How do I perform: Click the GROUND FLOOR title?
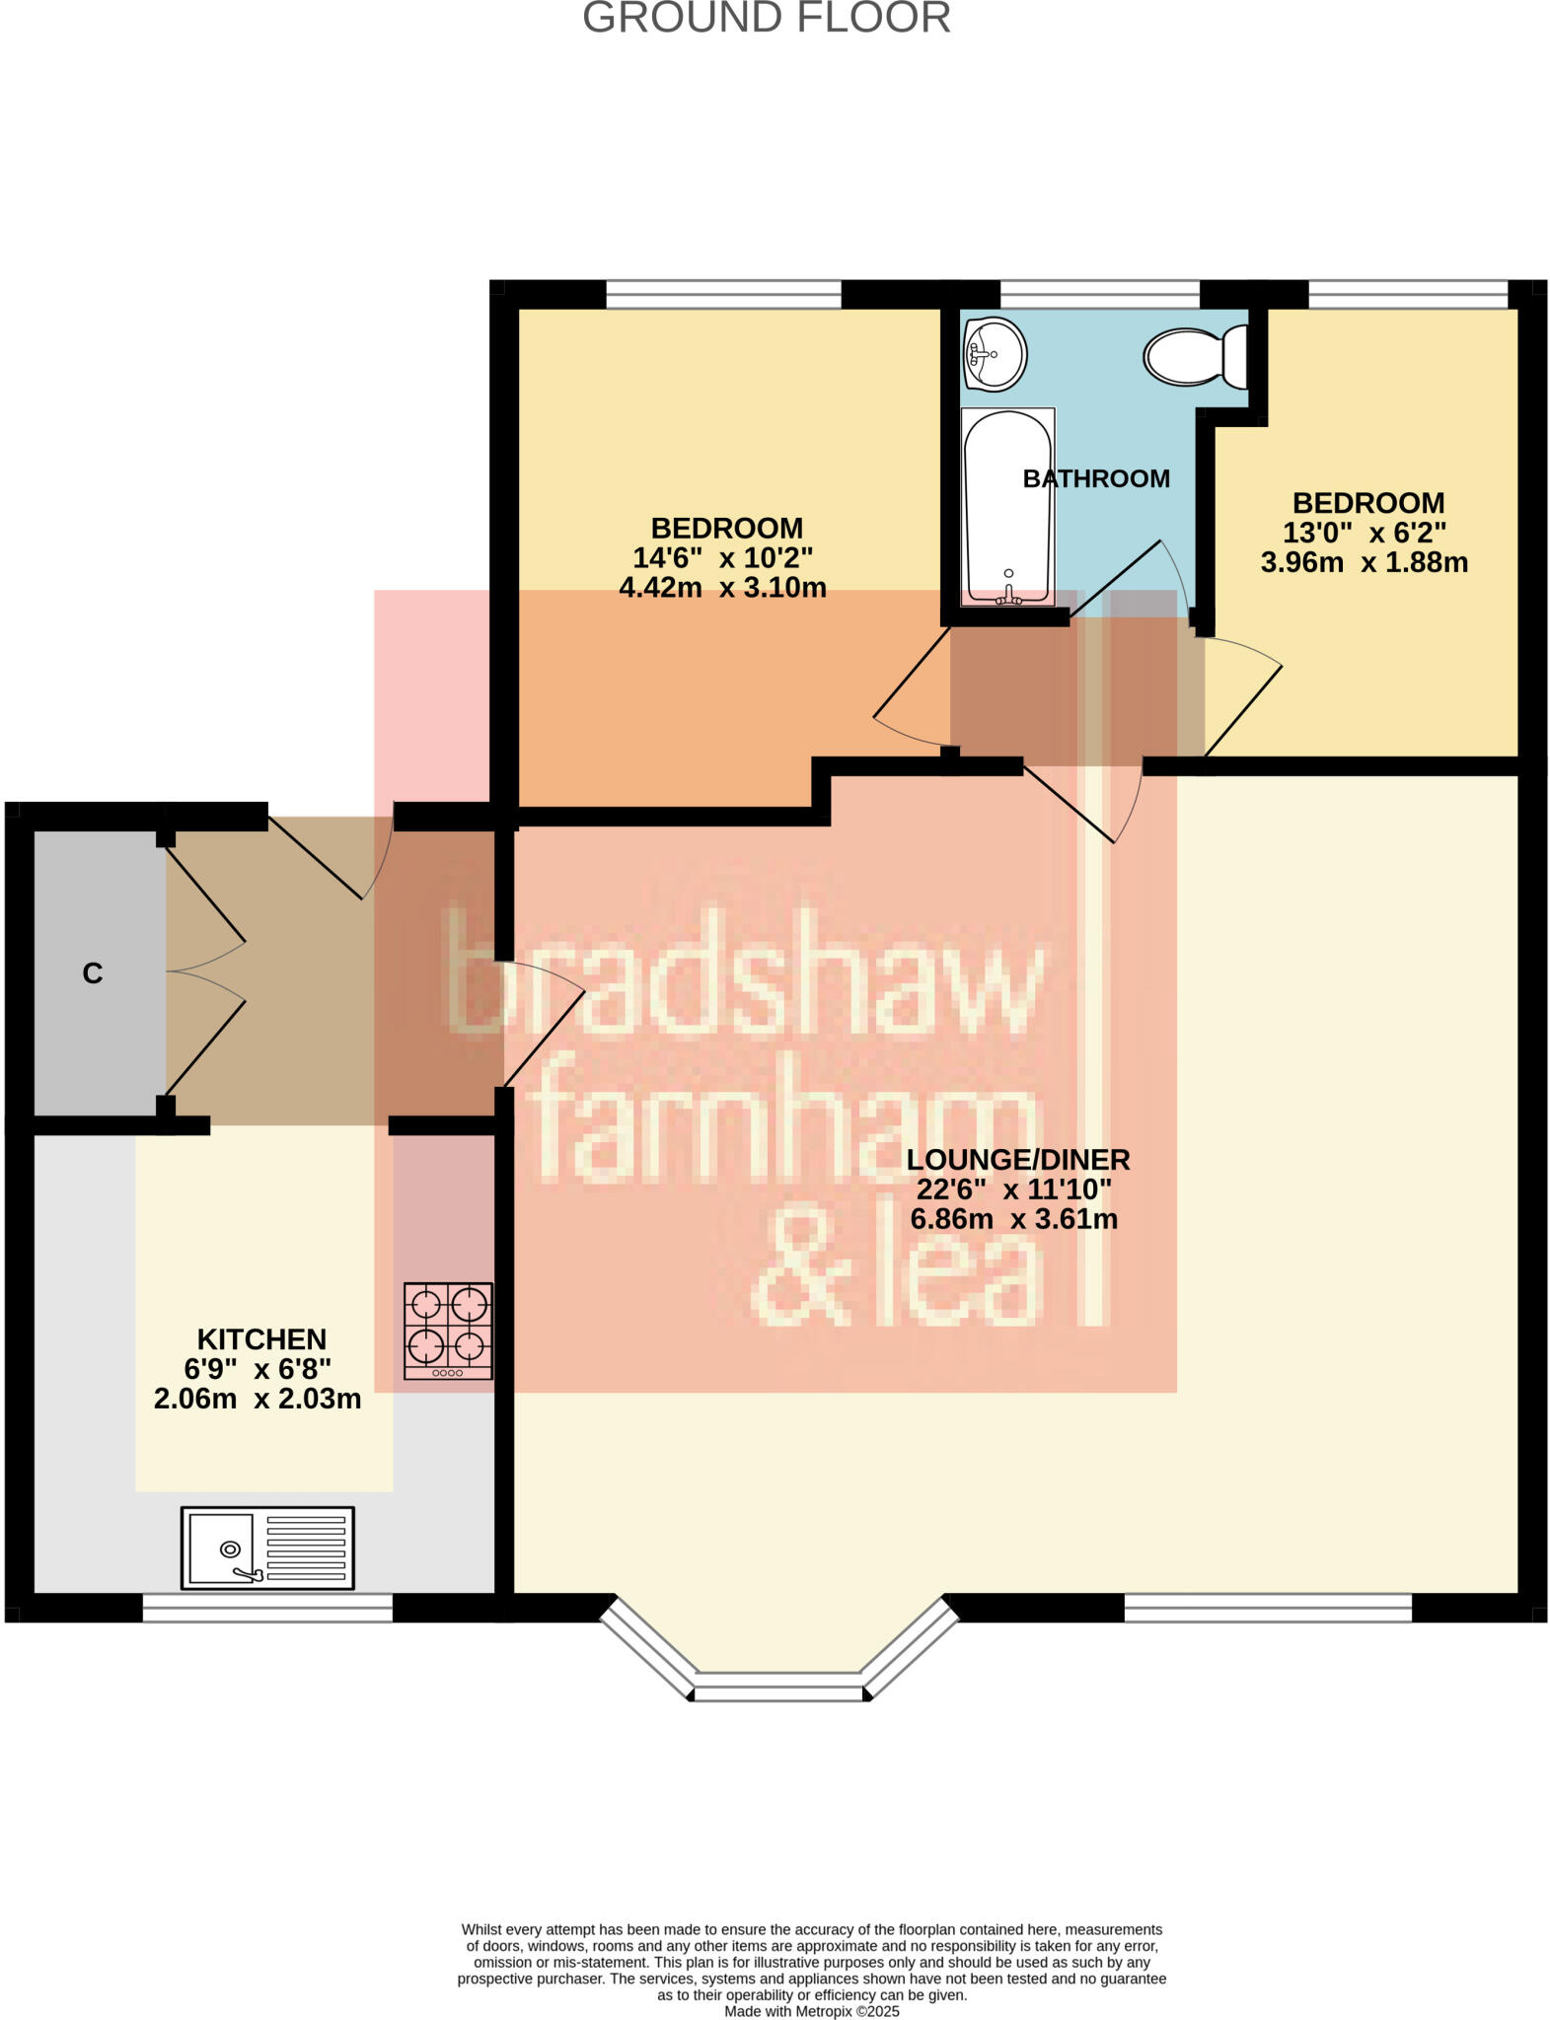[766, 18]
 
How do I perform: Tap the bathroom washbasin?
[996, 353]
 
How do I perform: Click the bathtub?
[1007, 506]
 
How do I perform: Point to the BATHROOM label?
[1095, 478]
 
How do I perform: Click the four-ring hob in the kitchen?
[448, 1331]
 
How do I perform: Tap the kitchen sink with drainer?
[267, 1548]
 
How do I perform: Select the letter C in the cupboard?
[93, 974]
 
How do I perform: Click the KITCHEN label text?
[261, 1338]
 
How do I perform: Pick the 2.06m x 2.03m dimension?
[258, 1399]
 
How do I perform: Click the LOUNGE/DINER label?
[1017, 1159]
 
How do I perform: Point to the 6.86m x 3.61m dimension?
[1013, 1219]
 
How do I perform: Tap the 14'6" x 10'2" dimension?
[722, 557]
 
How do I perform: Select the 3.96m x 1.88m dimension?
[1364, 562]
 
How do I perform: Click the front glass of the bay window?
[778, 1693]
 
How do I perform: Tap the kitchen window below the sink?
[267, 1609]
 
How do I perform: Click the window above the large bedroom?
[723, 294]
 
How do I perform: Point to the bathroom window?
[1100, 294]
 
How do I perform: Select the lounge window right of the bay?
[1268, 1609]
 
